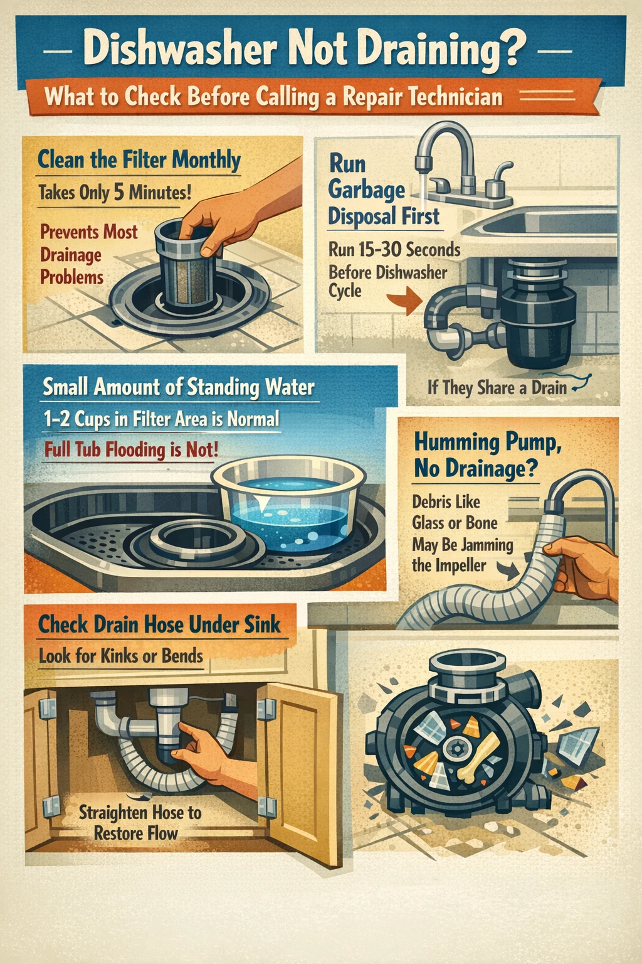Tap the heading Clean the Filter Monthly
[139, 159]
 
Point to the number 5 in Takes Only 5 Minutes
[118, 192]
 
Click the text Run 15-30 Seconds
[394, 250]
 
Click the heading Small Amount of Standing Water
[179, 387]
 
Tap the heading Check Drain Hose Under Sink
[159, 624]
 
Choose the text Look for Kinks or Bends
[121, 656]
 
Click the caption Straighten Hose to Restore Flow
[139, 823]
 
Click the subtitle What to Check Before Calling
[273, 97]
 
